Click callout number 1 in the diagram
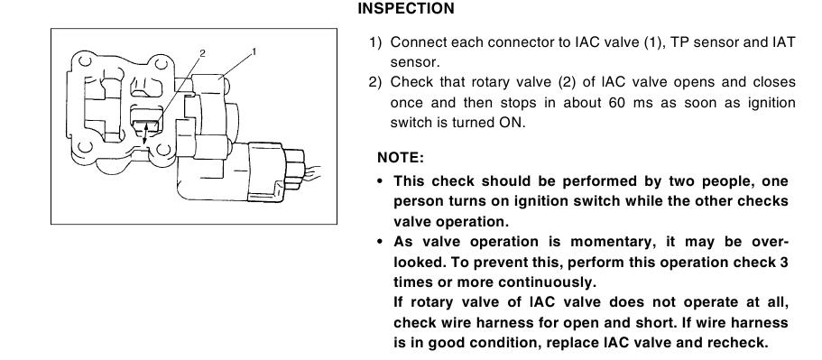click(x=254, y=51)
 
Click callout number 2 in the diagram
click(x=203, y=53)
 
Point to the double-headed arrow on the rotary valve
click(x=146, y=134)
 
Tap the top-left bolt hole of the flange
click(x=86, y=62)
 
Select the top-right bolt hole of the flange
click(x=162, y=64)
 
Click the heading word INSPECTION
click(x=406, y=9)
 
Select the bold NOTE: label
click(x=400, y=158)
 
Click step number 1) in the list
click(x=376, y=42)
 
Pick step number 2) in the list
click(x=376, y=82)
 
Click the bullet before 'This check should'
click(x=381, y=181)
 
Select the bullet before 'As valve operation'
click(x=381, y=242)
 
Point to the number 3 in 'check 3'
click(x=784, y=262)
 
